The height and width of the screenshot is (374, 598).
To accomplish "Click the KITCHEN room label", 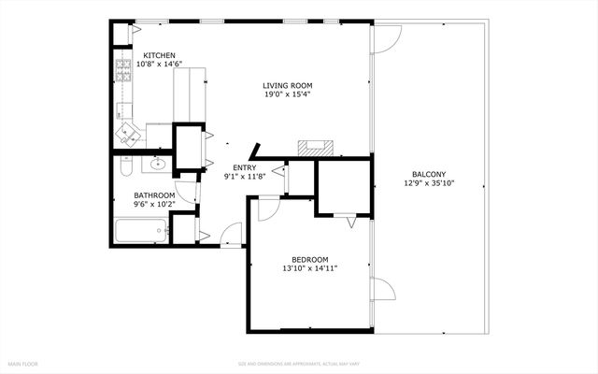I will [148, 55].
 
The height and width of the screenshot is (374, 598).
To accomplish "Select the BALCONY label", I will [429, 174].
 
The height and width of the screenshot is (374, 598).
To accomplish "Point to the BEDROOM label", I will [309, 259].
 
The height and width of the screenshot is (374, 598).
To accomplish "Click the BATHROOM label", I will [154, 194].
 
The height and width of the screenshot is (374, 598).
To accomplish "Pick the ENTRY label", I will [245, 167].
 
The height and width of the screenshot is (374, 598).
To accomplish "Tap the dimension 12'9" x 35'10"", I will [429, 183].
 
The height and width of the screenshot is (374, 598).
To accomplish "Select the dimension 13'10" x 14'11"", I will [309, 268].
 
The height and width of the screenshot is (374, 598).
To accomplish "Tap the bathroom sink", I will [158, 165].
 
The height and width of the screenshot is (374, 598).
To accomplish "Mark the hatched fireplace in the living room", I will [315, 147].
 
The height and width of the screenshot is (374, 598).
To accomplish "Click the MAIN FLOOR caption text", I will [23, 363].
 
